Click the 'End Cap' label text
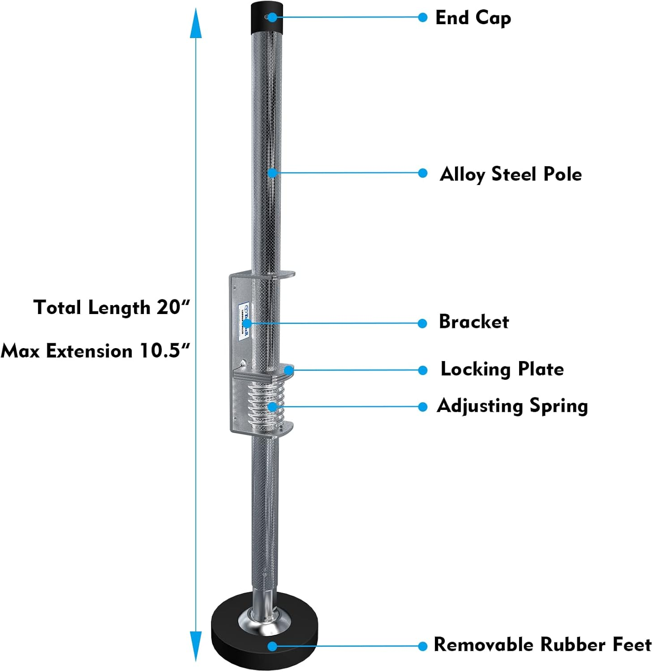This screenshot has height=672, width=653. click(473, 18)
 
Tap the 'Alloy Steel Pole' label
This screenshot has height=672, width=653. click(511, 174)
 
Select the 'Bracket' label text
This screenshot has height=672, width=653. click(473, 322)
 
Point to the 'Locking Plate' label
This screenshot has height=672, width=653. click(502, 369)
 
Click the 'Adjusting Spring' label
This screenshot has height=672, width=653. click(512, 406)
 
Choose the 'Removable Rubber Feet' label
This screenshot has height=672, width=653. click(542, 645)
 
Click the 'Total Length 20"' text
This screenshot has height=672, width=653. click(112, 308)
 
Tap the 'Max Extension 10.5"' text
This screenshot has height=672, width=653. click(96, 351)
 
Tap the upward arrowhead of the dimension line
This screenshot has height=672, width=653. click(196, 25)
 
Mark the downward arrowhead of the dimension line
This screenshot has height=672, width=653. click(196, 646)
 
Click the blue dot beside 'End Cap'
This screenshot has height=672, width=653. click(422, 17)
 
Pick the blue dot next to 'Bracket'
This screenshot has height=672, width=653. click(422, 323)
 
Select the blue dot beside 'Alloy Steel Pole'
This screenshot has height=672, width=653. click(422, 173)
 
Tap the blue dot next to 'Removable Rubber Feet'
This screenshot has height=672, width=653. click(422, 646)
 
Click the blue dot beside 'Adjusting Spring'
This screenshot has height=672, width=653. click(422, 407)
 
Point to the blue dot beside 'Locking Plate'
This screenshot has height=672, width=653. click(422, 370)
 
